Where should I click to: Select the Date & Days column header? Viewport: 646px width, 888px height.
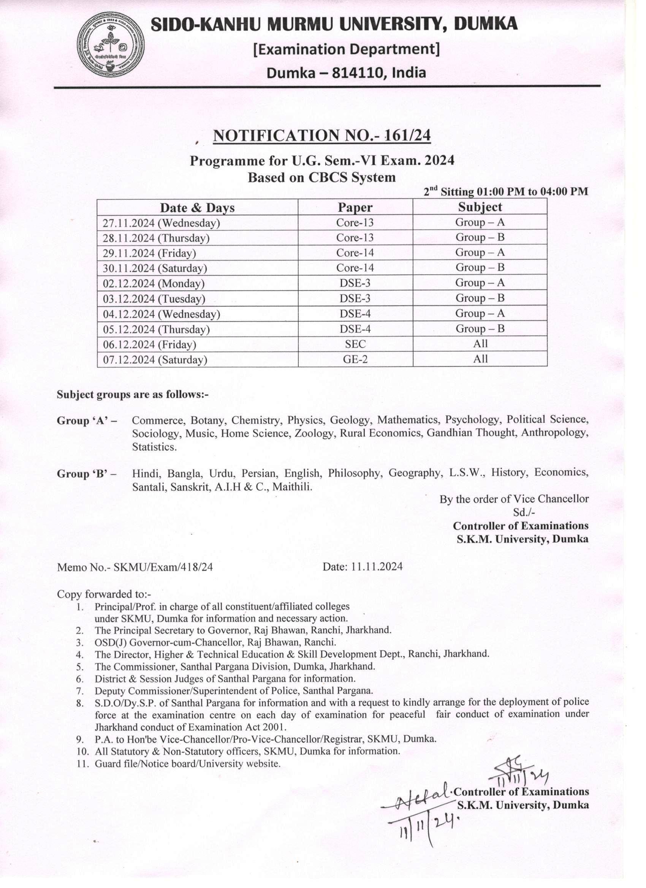(x=197, y=207)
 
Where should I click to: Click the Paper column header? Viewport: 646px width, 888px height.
(x=355, y=207)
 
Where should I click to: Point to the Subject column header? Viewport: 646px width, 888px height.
(x=480, y=207)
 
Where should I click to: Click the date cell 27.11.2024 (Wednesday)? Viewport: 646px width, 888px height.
(x=161, y=223)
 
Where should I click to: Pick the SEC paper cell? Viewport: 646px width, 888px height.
(x=355, y=344)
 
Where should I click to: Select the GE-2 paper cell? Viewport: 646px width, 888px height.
(x=355, y=359)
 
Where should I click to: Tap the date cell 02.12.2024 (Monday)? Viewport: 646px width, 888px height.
(x=154, y=283)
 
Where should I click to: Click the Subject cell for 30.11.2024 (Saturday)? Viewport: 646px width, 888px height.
(x=480, y=267)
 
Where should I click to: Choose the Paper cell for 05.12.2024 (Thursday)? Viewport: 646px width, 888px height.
(x=355, y=329)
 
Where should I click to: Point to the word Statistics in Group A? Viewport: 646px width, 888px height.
(x=154, y=447)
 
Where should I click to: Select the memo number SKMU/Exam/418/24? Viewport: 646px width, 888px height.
(x=163, y=567)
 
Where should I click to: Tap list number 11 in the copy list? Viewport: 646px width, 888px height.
(x=81, y=763)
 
